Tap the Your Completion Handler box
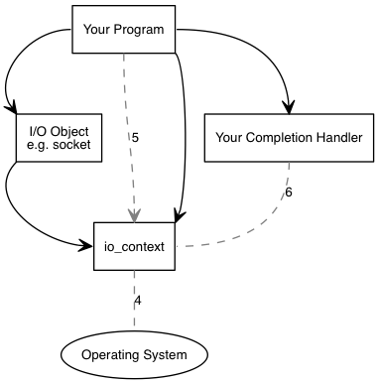[x=289, y=136]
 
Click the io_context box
[x=135, y=245]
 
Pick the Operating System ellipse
[x=135, y=354]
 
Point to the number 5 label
[x=135, y=138]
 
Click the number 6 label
[x=288, y=192]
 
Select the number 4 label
[x=138, y=300]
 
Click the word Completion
[x=284, y=136]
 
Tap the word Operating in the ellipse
[x=113, y=354]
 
